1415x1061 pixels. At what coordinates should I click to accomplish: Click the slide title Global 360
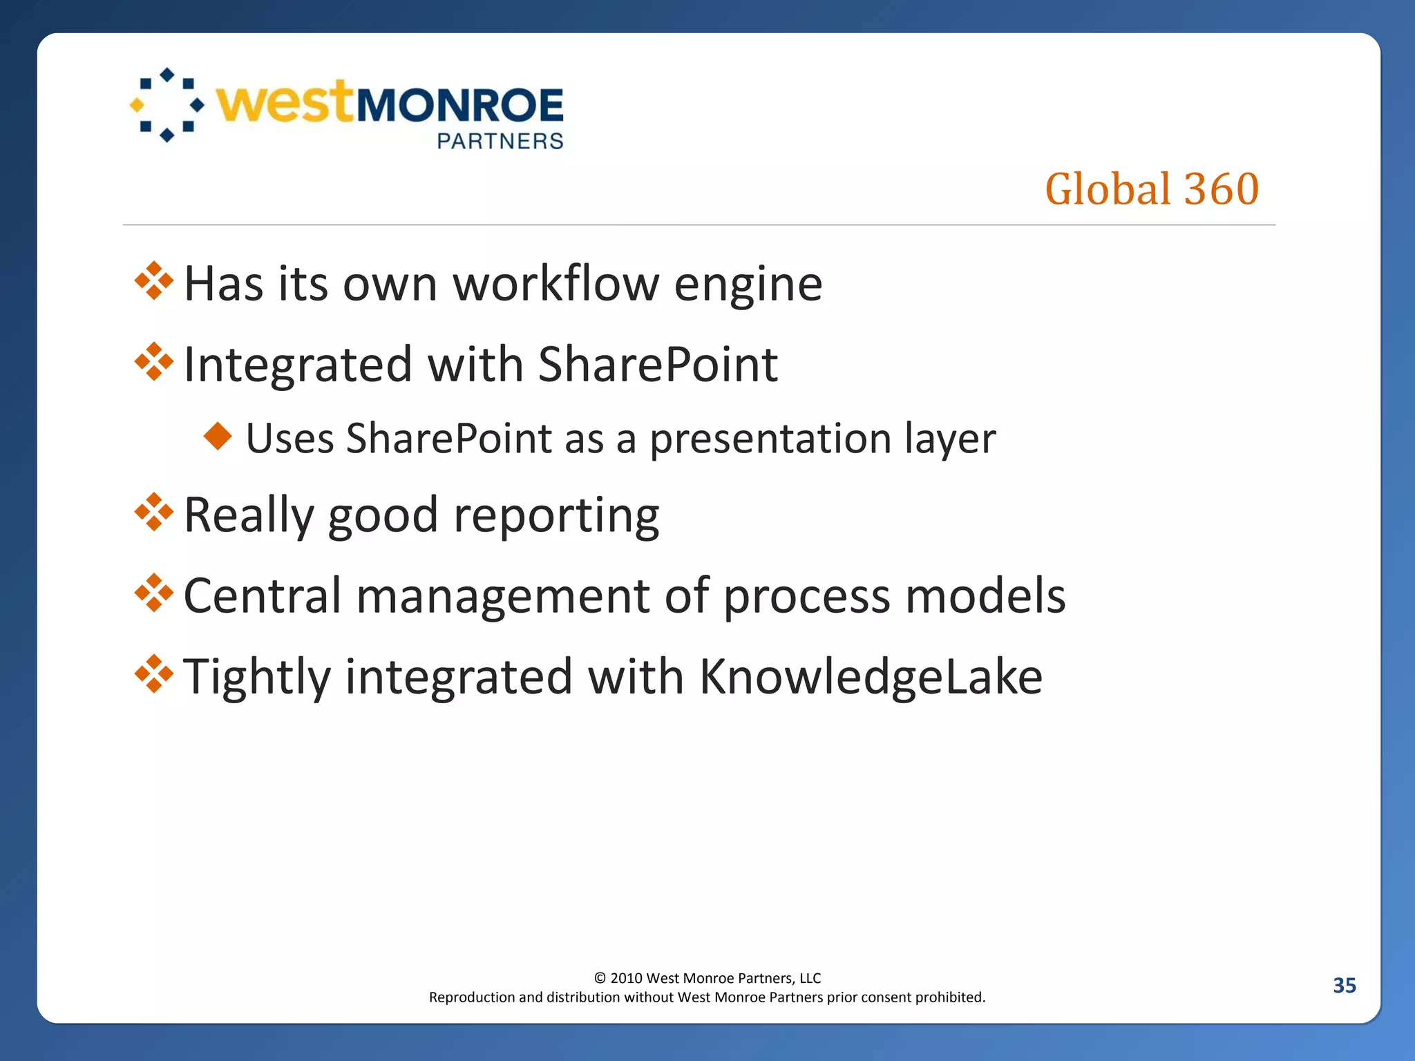1152,189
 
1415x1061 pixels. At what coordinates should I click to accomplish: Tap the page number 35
1344,985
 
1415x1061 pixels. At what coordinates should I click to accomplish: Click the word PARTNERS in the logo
500,141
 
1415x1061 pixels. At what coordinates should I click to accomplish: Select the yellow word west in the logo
284,104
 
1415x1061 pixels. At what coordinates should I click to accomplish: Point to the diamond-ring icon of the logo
167,105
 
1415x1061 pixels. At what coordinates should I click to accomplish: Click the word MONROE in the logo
459,106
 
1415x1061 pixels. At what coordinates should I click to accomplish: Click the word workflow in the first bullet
555,284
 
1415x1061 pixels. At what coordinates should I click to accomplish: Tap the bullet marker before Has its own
153,281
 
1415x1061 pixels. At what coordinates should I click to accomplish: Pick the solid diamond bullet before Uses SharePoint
218,436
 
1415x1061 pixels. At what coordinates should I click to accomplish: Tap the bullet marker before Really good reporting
153,513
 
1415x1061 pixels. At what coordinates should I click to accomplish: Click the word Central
263,595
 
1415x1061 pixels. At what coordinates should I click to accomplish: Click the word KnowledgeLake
871,677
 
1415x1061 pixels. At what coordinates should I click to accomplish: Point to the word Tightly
257,677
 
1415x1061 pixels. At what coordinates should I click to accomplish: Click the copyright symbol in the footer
600,978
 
